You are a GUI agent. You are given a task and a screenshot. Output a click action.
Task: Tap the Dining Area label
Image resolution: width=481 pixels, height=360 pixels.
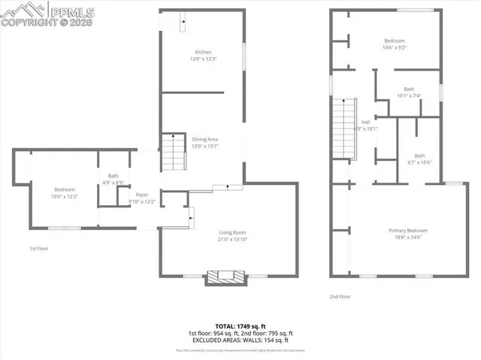204,139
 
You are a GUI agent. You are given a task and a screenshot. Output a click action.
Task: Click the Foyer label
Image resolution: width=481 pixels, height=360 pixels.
141,195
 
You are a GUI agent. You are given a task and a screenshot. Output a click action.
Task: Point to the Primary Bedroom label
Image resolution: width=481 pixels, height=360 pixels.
408,230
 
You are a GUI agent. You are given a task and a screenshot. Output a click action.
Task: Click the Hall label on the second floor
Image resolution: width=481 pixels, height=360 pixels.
365,122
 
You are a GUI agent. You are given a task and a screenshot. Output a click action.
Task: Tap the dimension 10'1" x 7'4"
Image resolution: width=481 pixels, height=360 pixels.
409,95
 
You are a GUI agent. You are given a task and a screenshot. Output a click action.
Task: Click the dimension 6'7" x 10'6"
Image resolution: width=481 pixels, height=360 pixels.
419,162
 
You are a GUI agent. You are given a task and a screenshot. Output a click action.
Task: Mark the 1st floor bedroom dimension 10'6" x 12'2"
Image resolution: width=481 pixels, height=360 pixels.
65,196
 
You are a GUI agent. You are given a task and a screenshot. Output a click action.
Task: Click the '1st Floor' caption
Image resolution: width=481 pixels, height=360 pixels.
39,248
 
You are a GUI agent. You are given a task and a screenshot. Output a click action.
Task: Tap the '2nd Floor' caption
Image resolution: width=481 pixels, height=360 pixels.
340,297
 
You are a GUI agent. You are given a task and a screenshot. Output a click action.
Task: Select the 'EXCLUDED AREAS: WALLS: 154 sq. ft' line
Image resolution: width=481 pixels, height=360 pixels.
240,340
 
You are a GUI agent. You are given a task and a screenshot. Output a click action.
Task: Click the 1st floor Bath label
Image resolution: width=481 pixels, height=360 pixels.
113,176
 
